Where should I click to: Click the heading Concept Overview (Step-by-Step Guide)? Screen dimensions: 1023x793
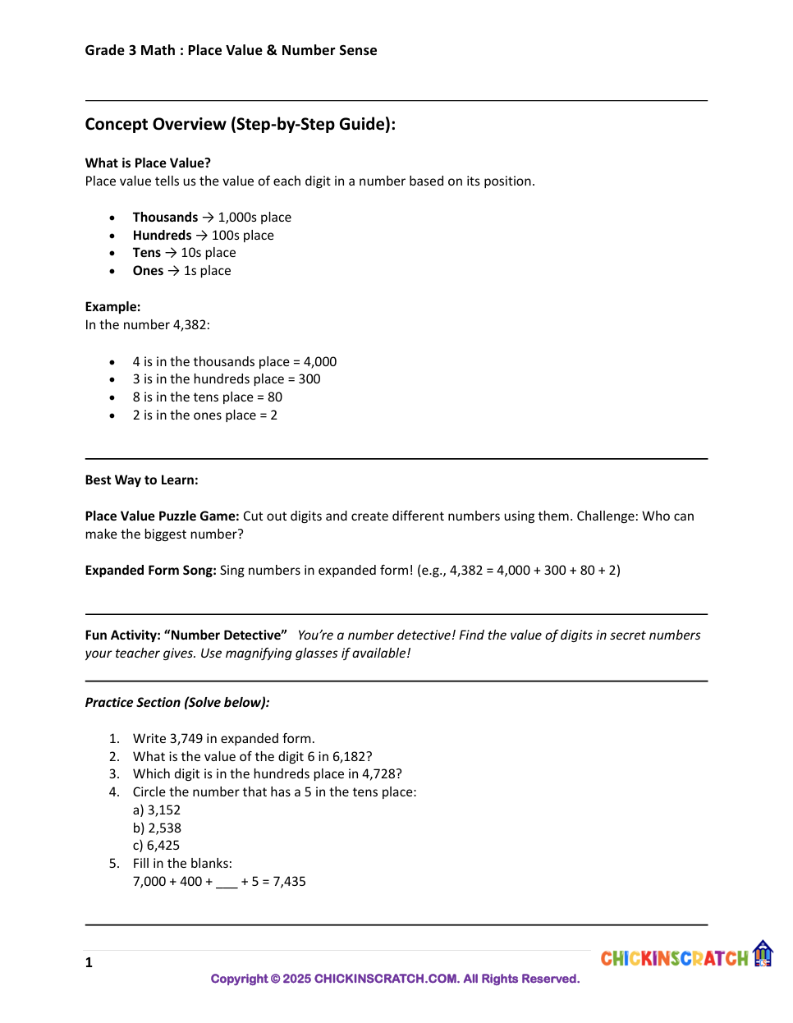click(x=240, y=124)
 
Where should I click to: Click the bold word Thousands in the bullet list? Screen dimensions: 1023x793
click(x=165, y=218)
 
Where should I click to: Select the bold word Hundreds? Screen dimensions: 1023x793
click(x=162, y=236)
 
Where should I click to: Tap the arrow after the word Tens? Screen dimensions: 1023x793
click(x=171, y=253)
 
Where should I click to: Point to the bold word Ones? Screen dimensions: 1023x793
click(x=148, y=271)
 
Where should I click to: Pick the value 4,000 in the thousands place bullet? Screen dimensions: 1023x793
click(x=320, y=362)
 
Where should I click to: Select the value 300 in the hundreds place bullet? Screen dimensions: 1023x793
click(x=309, y=379)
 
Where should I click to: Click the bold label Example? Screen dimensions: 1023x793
click(x=112, y=307)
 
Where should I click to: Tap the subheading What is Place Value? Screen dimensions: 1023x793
click(x=148, y=163)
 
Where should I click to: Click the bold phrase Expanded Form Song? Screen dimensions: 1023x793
click(x=150, y=571)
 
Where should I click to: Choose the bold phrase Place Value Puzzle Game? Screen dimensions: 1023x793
click(x=162, y=516)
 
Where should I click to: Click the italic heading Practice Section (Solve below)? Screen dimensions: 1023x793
click(x=177, y=703)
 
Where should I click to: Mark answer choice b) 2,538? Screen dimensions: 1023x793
click(x=157, y=828)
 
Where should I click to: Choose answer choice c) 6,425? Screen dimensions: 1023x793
click(x=156, y=846)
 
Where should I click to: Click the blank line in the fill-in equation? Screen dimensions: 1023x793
click(x=227, y=883)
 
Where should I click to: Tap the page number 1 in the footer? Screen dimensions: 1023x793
click(x=89, y=963)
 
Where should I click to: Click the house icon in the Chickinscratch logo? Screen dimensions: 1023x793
click(x=763, y=953)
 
